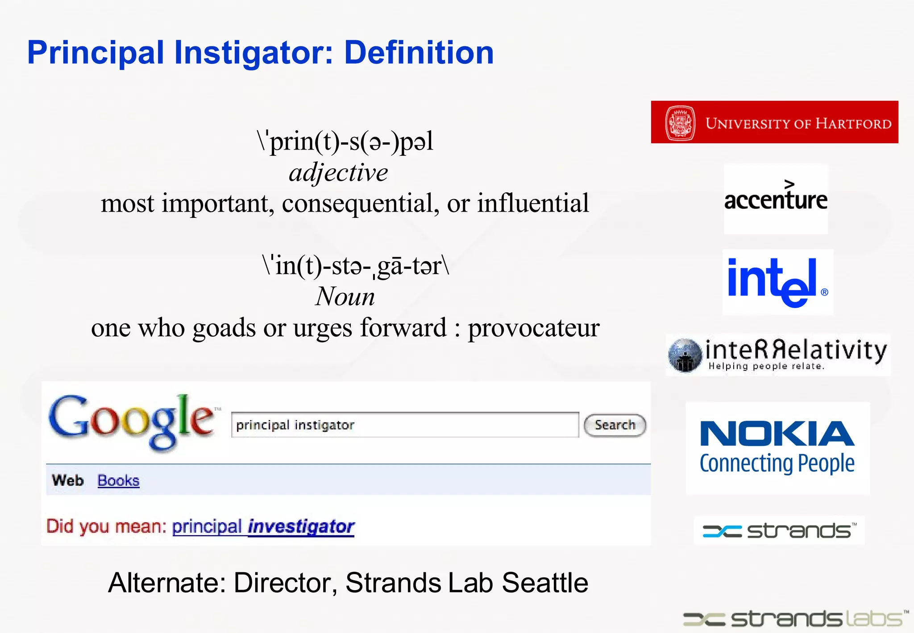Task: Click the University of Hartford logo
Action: [x=774, y=122]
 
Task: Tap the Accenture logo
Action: [x=776, y=199]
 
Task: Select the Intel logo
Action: [x=777, y=282]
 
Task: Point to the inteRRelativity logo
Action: [x=777, y=355]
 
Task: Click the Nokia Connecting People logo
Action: [x=777, y=448]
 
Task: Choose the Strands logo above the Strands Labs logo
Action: [x=779, y=530]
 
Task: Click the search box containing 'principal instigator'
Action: [x=404, y=425]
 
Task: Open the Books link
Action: [x=118, y=481]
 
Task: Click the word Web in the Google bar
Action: [x=67, y=481]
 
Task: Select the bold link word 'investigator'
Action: [x=301, y=527]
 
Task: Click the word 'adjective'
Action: [x=338, y=173]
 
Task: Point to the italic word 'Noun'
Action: [x=345, y=297]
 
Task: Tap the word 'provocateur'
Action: [x=533, y=328]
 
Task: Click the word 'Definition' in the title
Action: [x=419, y=53]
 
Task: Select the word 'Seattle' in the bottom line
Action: [x=545, y=583]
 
